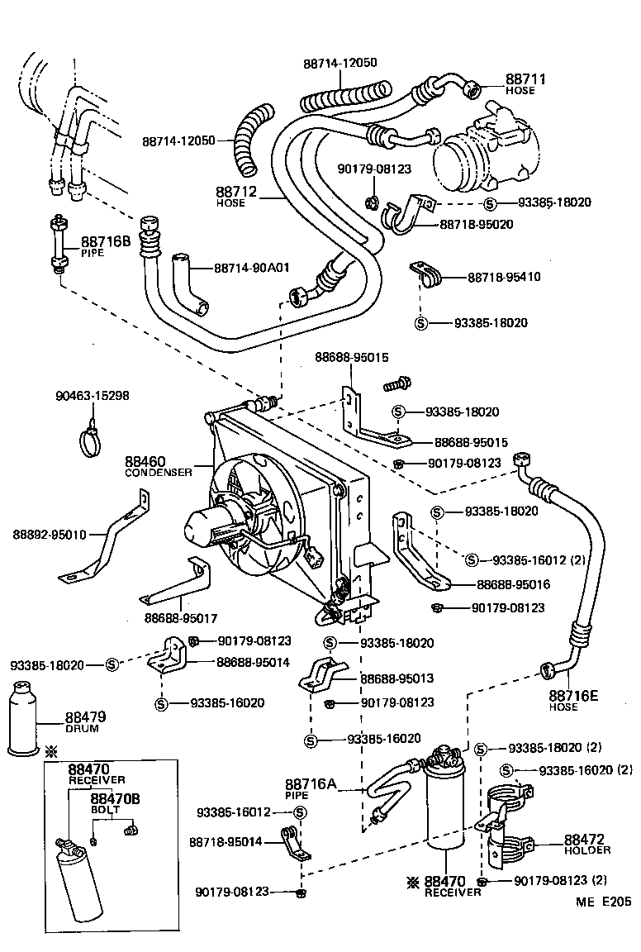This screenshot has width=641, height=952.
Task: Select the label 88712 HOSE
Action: (x=237, y=196)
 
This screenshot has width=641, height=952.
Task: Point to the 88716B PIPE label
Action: (x=105, y=246)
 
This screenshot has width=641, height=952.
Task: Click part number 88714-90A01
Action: (x=252, y=268)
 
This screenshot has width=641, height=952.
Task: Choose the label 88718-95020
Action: (x=477, y=224)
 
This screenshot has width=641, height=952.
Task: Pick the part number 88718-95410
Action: (x=504, y=277)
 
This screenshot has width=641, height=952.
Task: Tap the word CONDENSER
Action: (x=158, y=473)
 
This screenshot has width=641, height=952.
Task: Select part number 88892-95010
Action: (x=49, y=535)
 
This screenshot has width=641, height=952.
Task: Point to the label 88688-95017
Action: (x=181, y=616)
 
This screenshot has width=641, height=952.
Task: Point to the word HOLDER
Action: (x=587, y=850)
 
